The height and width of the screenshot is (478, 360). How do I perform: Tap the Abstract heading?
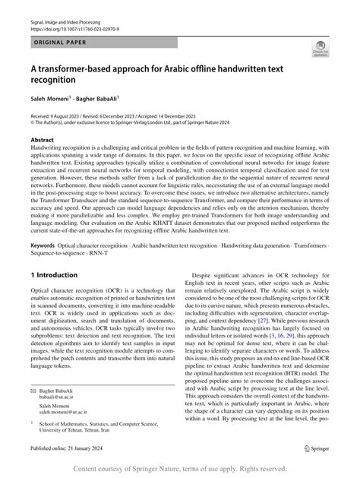point(43,141)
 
